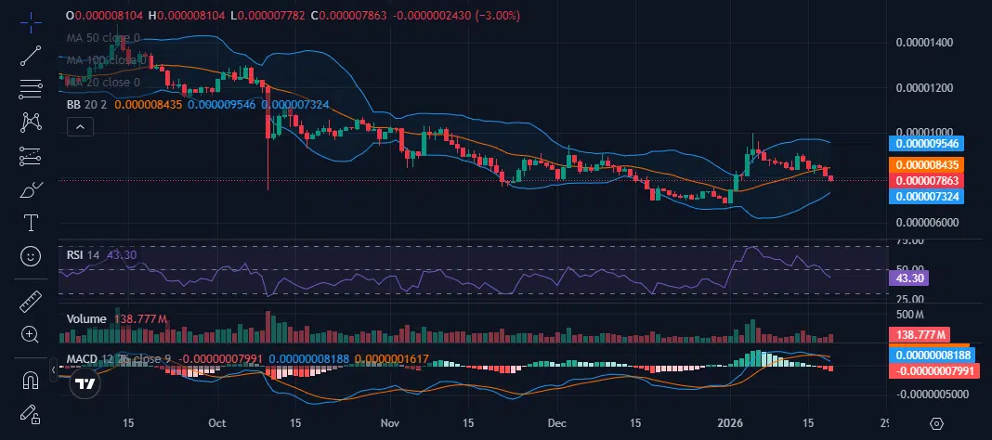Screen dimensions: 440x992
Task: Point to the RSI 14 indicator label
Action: coord(85,253)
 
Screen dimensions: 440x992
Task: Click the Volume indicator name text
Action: coord(86,318)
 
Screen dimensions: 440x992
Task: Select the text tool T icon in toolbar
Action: coord(31,223)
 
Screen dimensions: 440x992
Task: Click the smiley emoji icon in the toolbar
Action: coord(31,255)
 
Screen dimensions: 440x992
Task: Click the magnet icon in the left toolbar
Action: coord(31,380)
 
